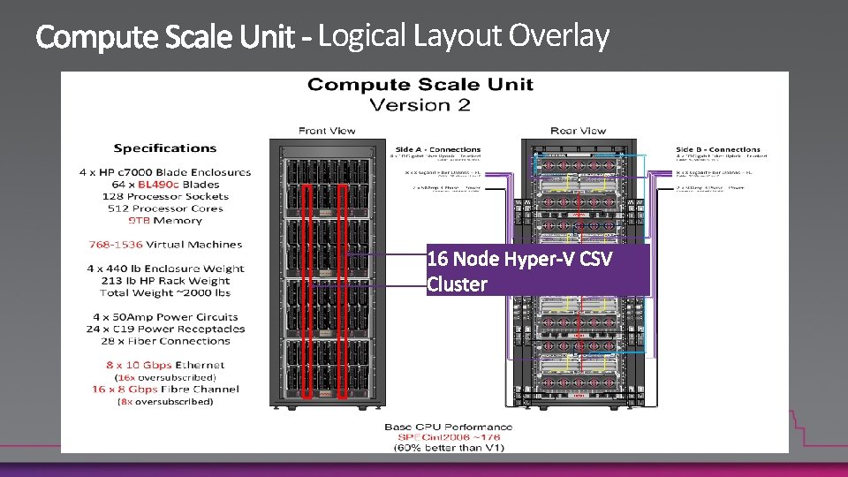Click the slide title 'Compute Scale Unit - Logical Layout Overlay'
point(322,36)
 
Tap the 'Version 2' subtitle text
point(420,105)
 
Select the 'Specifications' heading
point(165,148)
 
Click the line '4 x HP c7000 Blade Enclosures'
point(169,172)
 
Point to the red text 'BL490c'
point(158,185)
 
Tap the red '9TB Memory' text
point(165,221)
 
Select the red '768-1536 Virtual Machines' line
point(165,245)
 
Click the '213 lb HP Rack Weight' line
point(165,281)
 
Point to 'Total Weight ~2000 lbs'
point(165,292)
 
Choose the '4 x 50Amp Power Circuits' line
point(165,317)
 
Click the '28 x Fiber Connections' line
point(165,341)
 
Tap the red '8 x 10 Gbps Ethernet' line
point(165,365)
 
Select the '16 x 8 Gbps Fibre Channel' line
point(165,390)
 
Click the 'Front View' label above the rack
point(327,131)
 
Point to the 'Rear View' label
point(579,131)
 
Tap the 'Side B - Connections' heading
point(717,149)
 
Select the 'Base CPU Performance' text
point(448,427)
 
